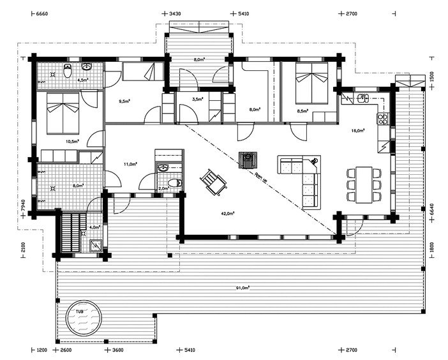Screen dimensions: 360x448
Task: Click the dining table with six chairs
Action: pos(363,184)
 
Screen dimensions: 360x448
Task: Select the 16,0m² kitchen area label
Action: pos(357,130)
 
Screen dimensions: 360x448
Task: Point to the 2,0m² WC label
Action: pos(163,188)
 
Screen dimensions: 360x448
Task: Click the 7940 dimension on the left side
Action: pos(22,206)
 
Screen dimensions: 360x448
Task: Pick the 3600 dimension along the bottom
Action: pos(117,350)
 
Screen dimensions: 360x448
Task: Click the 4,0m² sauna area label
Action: pos(94,227)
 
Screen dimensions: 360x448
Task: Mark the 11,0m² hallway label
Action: pos(130,164)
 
